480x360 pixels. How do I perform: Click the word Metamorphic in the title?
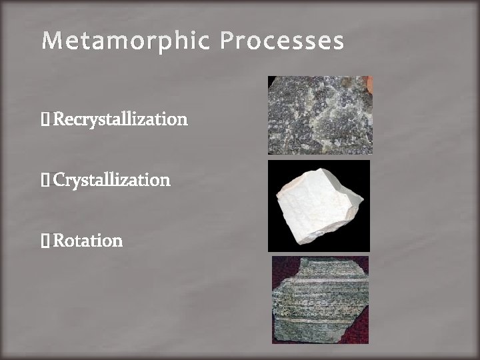click(126, 41)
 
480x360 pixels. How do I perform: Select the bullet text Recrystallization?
click(120, 120)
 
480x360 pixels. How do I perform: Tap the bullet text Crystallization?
click(111, 180)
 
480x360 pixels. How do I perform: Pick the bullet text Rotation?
click(87, 240)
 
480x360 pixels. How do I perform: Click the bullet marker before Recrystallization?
click(45, 121)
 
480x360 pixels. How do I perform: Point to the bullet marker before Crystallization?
click(45, 181)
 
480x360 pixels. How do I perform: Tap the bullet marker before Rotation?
click(45, 241)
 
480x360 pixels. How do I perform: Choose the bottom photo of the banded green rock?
click(320, 300)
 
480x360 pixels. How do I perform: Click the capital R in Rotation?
click(58, 240)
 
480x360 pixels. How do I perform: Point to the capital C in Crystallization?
click(59, 180)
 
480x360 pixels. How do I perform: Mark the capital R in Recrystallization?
click(58, 120)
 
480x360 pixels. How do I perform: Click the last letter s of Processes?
click(339, 43)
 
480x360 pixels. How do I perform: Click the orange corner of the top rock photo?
click(369, 82)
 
